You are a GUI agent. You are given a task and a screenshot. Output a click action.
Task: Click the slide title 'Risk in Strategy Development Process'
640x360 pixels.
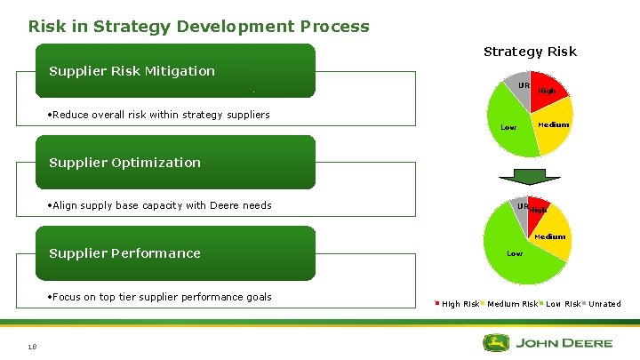tap(198, 26)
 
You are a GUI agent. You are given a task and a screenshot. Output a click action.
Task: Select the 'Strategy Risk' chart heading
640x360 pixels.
tap(530, 52)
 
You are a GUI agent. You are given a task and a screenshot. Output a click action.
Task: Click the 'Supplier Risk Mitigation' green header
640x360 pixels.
tap(132, 71)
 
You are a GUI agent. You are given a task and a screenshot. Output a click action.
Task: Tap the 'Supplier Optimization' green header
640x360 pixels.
tap(124, 163)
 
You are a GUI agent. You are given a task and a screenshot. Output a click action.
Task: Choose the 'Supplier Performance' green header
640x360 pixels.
tap(124, 253)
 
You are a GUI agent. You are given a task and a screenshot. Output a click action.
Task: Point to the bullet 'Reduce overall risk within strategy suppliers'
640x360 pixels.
tap(159, 115)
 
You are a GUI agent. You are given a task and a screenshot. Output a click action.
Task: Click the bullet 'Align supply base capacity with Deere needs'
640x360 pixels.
tap(160, 205)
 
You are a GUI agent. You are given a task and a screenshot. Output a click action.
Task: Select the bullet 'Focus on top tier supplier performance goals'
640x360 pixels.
tap(160, 297)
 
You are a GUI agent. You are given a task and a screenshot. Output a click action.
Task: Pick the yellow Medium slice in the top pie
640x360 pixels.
tap(554, 128)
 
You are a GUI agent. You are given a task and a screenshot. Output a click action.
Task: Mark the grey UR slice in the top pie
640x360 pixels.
tap(521, 85)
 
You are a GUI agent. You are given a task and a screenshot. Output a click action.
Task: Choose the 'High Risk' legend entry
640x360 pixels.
tap(460, 304)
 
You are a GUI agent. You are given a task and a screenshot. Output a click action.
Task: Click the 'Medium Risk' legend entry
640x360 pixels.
tap(511, 304)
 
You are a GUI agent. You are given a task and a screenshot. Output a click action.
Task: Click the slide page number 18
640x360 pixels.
tap(32, 348)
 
